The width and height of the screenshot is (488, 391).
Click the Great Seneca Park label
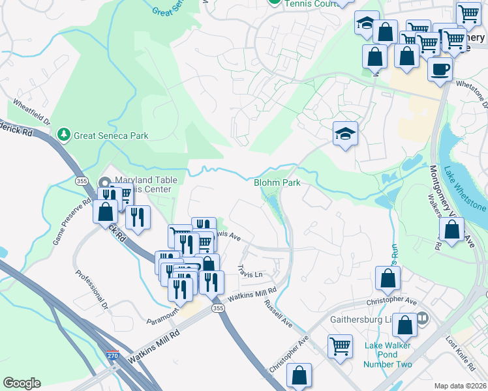tap(111, 136)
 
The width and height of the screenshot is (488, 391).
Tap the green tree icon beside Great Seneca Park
tap(64, 135)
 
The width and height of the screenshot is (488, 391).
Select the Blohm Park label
tap(277, 183)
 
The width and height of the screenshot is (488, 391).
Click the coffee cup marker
tap(440, 68)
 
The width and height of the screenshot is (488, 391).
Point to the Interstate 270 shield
tap(112, 356)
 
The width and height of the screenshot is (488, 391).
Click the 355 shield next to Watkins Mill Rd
tap(219, 307)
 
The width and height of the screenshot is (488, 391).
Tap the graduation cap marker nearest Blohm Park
tap(345, 134)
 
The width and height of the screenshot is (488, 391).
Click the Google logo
tap(22, 383)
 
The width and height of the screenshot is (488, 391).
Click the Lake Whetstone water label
tap(465, 189)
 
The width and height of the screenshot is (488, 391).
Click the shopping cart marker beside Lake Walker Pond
tap(340, 346)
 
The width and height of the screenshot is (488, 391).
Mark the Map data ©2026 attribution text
tap(460, 385)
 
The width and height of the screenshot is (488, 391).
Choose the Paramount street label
tap(163, 312)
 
